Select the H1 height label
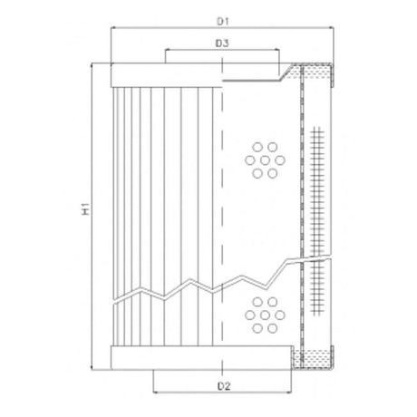pyautogui.click(x=82, y=213)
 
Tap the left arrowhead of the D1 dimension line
pyautogui.click(x=112, y=28)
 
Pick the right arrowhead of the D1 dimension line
pyautogui.click(x=331, y=28)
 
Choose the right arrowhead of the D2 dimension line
pyautogui.click(x=289, y=395)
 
